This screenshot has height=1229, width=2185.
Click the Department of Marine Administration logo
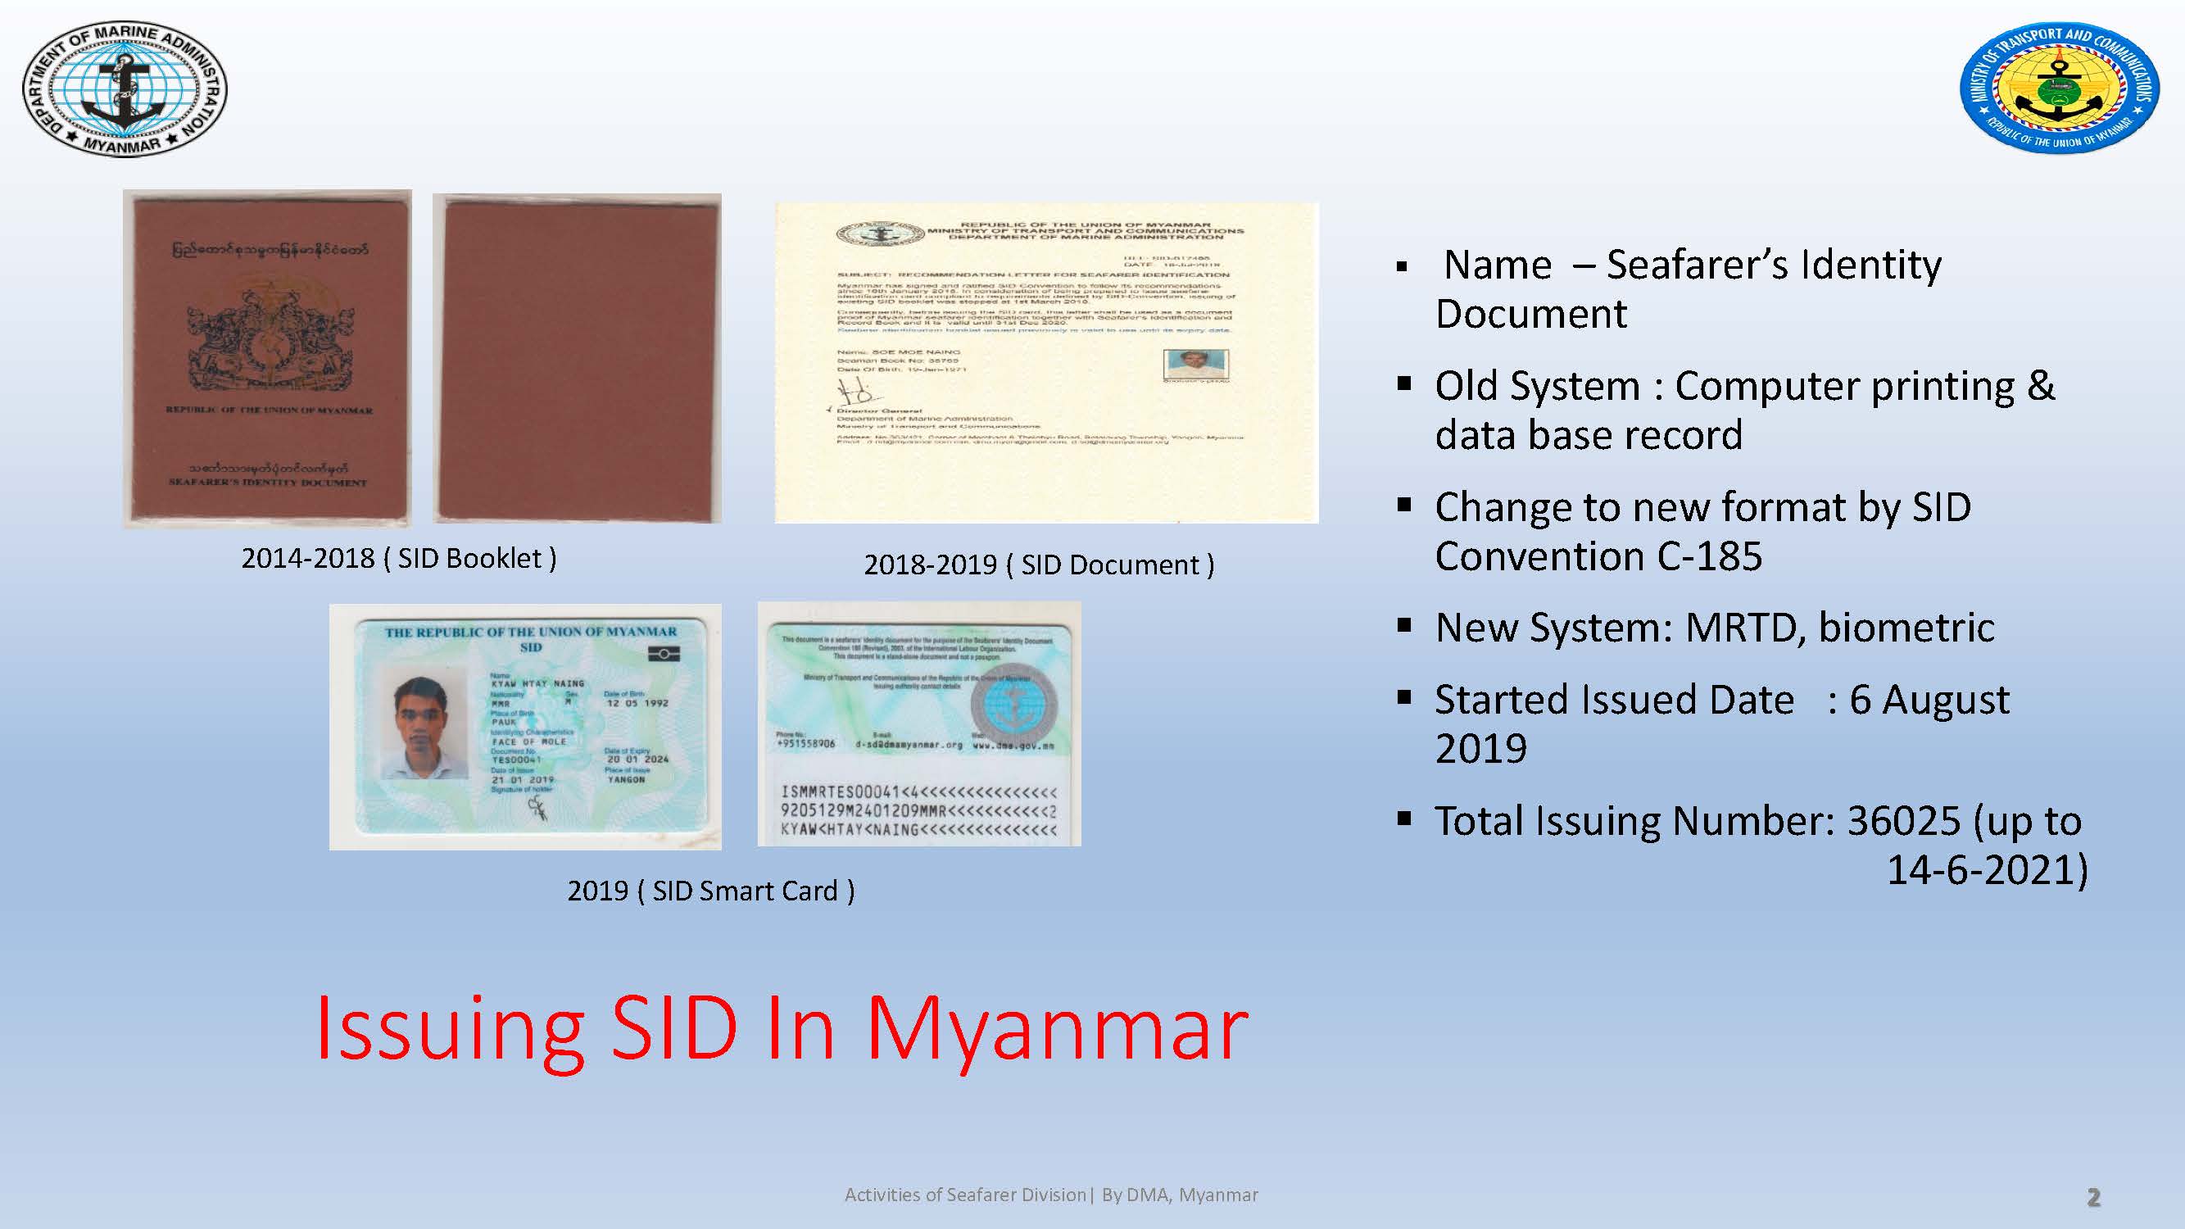coord(125,89)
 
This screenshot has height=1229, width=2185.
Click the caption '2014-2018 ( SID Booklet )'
coord(399,558)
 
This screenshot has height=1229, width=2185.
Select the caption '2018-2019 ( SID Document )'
coord(1039,565)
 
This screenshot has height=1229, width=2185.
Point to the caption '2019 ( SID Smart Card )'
coord(711,891)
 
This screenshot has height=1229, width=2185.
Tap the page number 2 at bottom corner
coord(2093,1197)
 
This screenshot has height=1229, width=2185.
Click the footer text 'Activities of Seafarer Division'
coord(965,1195)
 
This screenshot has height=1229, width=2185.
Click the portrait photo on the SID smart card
coord(422,727)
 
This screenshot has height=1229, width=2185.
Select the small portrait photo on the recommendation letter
coord(1195,364)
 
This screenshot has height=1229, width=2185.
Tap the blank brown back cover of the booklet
coord(578,358)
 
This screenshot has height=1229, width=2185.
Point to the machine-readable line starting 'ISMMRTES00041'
coord(918,792)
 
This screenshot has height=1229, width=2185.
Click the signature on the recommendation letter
coord(855,392)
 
